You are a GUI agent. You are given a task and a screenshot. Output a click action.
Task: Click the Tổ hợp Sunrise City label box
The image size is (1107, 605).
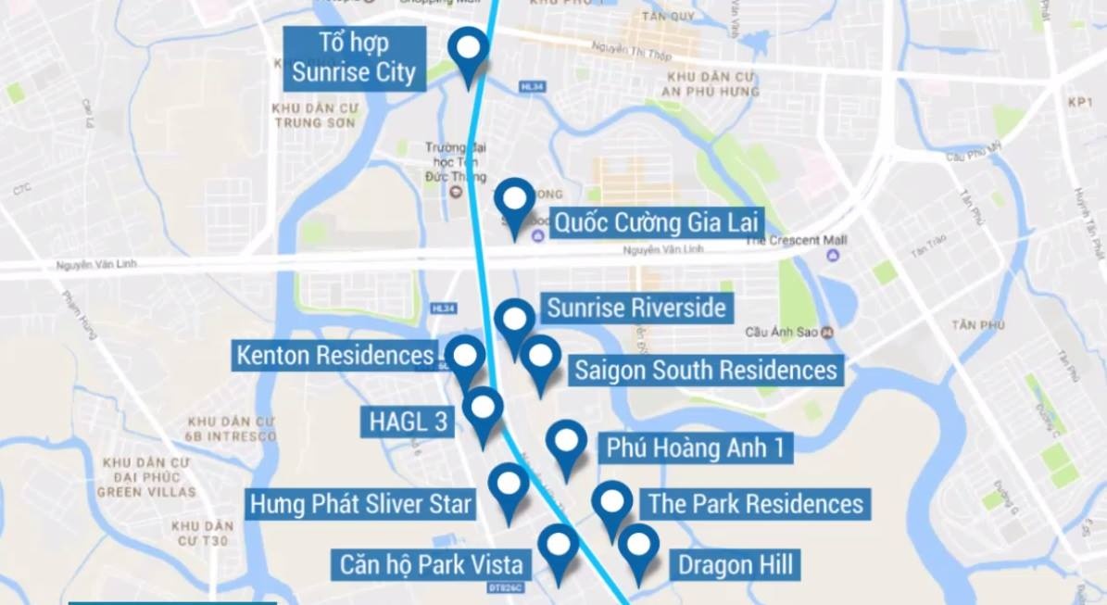tap(353, 57)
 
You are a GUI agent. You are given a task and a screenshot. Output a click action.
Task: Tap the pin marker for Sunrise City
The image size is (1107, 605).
tap(468, 50)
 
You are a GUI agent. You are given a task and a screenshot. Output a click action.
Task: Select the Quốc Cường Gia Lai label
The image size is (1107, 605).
tap(656, 222)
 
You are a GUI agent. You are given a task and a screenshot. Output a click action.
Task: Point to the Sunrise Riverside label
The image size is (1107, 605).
tap(635, 308)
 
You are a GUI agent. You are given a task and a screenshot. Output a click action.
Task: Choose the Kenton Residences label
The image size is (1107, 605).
tap(334, 355)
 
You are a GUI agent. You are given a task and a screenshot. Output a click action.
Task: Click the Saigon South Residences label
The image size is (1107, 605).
tap(705, 370)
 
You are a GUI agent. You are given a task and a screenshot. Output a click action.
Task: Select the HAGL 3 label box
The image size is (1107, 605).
tap(408, 422)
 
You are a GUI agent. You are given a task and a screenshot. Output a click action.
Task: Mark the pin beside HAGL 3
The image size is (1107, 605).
tap(483, 410)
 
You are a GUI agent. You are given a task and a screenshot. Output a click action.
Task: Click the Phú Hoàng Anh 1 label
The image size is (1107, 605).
tap(696, 448)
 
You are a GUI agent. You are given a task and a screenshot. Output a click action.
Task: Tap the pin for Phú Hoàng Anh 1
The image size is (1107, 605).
tap(566, 443)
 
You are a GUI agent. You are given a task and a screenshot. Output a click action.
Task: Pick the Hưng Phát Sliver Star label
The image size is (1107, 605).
tap(360, 505)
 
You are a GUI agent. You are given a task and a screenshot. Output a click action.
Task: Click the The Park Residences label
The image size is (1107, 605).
tap(755, 504)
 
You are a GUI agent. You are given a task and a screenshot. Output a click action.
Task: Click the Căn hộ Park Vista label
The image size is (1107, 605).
tap(431, 564)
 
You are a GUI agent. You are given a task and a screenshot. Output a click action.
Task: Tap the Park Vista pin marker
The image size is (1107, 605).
tap(558, 547)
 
